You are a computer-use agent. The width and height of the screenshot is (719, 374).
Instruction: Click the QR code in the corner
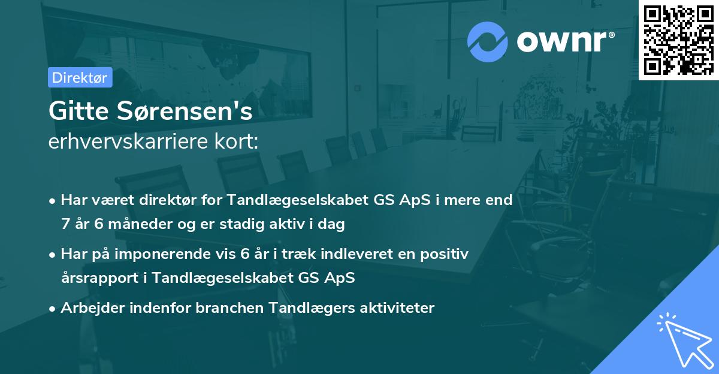click(x=678, y=40)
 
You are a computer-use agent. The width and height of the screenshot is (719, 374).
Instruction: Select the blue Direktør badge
click(x=80, y=77)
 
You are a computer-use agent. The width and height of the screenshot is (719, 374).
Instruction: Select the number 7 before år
click(x=65, y=225)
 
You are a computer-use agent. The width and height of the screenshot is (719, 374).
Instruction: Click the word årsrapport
click(x=96, y=278)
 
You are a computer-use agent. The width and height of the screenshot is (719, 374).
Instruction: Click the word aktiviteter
click(x=397, y=308)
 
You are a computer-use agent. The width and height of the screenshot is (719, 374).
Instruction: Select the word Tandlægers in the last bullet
click(x=311, y=308)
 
